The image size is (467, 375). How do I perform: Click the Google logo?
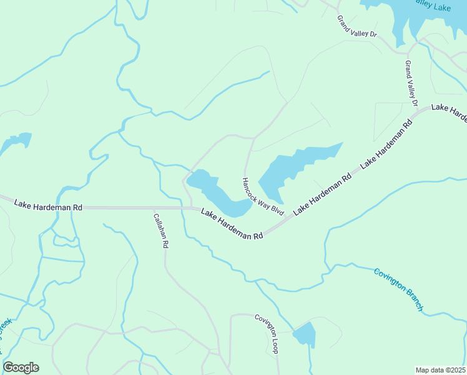[21, 367]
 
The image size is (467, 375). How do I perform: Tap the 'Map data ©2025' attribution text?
[440, 370]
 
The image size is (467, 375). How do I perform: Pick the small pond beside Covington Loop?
[305, 334]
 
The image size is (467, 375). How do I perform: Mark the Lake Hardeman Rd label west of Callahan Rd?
[48, 205]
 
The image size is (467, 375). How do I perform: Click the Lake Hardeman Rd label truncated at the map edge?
[449, 113]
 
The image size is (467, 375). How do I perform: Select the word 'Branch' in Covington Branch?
[414, 299]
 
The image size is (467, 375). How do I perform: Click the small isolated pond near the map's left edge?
[16, 142]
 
